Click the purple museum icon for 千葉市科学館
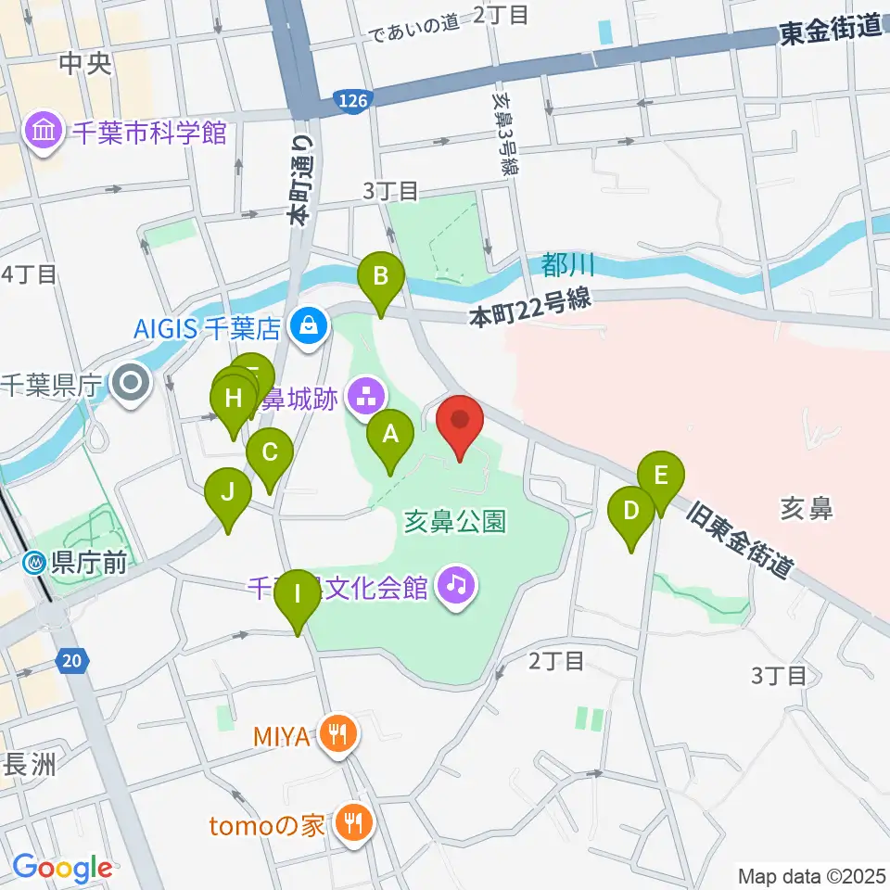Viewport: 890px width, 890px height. (x=44, y=133)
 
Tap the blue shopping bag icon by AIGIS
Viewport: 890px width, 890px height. (x=305, y=325)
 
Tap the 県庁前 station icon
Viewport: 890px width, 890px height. (x=36, y=562)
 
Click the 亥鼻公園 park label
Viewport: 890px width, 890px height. (x=454, y=522)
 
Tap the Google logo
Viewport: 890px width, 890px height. (x=61, y=868)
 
